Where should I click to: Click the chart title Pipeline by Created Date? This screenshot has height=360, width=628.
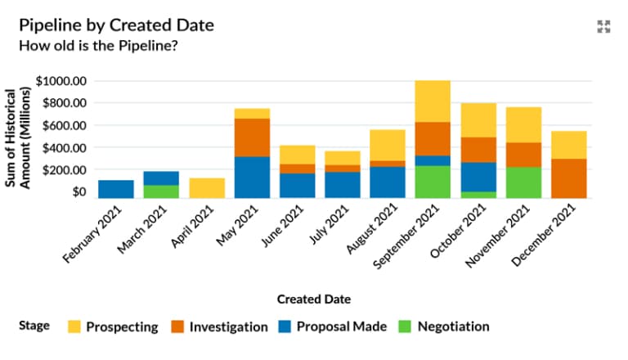[116, 25]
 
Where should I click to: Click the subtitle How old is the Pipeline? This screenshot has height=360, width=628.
[98, 45]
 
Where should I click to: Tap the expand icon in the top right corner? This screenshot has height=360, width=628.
[604, 26]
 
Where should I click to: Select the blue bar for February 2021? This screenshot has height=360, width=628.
[116, 189]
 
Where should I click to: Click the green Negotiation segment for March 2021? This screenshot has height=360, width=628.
[161, 191]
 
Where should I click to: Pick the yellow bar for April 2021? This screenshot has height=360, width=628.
[207, 188]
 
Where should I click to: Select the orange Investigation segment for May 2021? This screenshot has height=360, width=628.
[252, 137]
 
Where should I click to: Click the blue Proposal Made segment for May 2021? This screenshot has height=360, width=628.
[252, 177]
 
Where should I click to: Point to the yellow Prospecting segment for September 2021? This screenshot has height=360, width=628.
[433, 101]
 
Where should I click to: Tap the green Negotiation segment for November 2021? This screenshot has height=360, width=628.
[523, 182]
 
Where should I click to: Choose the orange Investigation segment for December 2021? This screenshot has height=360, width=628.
[568, 178]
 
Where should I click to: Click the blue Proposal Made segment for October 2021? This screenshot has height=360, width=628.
[478, 177]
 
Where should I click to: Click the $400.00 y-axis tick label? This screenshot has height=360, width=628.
[65, 147]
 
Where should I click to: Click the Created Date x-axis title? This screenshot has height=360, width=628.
[313, 299]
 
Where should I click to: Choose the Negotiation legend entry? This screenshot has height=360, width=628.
[443, 326]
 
